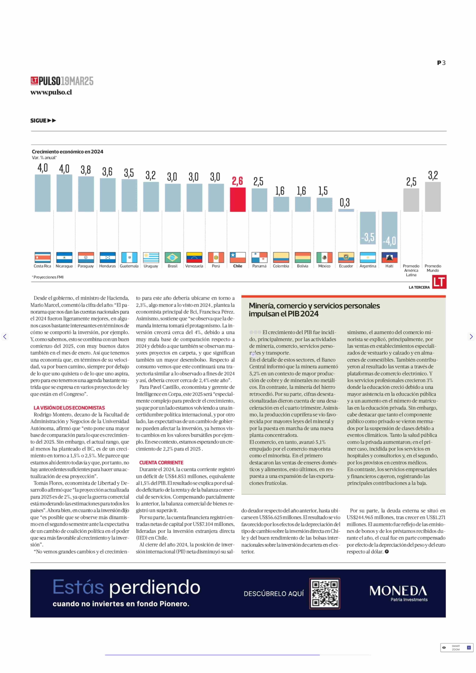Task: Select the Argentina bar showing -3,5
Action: [x=368, y=228]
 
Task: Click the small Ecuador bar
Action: [x=346, y=210]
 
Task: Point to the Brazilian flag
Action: [x=173, y=257]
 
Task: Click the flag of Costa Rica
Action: [x=42, y=257]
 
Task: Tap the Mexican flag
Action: [x=324, y=257]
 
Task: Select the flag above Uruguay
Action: [x=151, y=257]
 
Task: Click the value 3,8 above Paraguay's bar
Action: [x=86, y=170]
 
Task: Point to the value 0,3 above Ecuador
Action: [x=345, y=203]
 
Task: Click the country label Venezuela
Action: [x=194, y=266]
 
